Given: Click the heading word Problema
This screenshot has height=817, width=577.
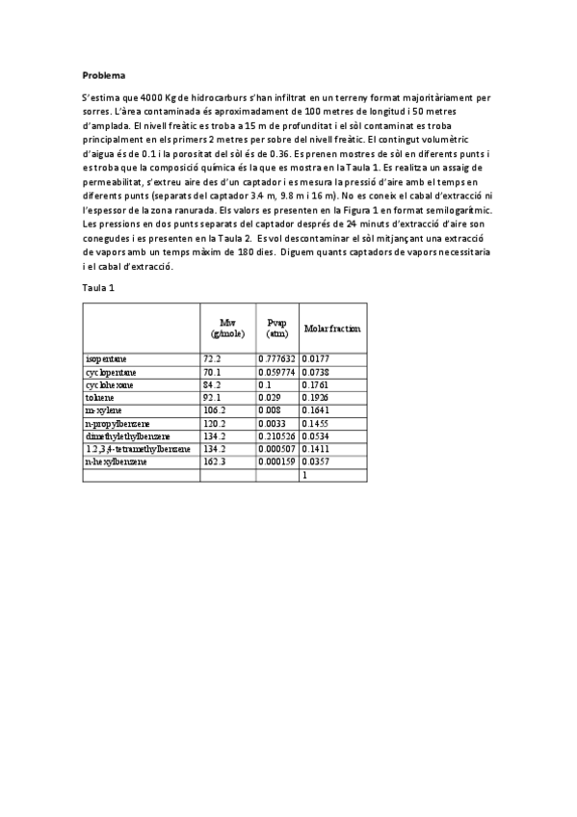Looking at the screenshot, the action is coord(103,74).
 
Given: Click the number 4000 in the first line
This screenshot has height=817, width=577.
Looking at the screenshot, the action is coord(154,97).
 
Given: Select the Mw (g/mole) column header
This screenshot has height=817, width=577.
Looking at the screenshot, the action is coord(227,329).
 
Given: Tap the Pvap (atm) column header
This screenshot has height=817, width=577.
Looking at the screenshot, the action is coord(276,329).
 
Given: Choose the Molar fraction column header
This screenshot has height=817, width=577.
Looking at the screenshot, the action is coord(331,329).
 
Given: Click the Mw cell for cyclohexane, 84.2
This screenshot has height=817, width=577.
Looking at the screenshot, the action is coord(212,384).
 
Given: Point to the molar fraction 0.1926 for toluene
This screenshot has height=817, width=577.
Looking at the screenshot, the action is coord(316,397).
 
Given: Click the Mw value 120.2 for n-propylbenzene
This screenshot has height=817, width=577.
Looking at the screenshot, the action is coord(214,423).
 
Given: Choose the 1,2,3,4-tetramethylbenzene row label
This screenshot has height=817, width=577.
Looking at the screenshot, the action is coord(138,449).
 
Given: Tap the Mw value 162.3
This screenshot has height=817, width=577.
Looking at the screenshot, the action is coord(214,462).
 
